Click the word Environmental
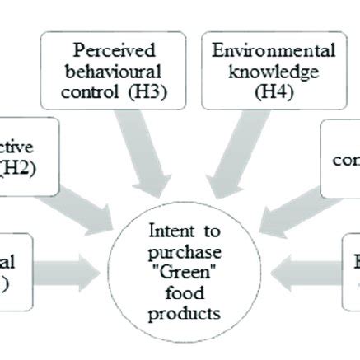click(274, 51)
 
